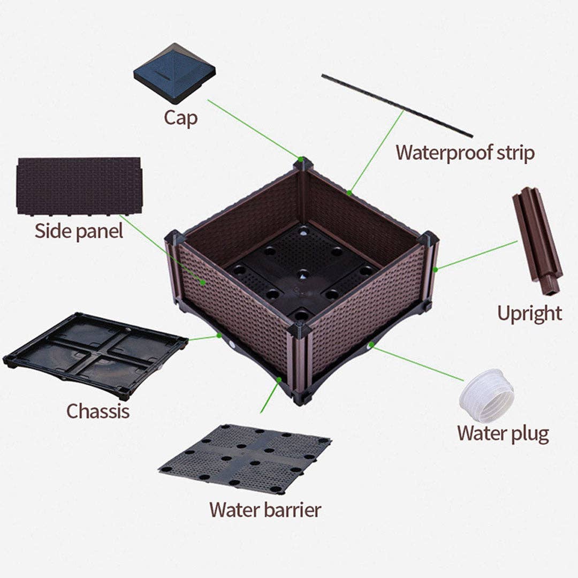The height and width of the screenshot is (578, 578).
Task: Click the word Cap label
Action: (180, 118)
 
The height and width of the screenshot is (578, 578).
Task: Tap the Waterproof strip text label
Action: (465, 153)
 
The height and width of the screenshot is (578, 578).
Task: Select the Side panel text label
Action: (79, 231)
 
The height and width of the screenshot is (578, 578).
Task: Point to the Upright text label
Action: (529, 313)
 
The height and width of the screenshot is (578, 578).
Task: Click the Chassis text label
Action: (97, 411)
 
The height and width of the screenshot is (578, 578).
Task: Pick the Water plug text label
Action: (503, 433)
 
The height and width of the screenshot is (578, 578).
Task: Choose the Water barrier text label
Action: (265, 509)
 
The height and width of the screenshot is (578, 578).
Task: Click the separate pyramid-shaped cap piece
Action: (174, 72)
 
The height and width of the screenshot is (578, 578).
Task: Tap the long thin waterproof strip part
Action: (397, 105)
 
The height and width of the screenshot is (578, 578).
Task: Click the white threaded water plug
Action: (486, 396)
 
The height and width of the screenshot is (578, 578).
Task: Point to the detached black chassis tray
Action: (95, 354)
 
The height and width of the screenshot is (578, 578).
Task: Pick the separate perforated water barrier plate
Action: (245, 458)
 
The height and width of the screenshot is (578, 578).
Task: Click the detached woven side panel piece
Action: (79, 185)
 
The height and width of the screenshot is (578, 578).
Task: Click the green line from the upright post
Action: (476, 255)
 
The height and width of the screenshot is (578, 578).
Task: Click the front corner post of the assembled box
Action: (299, 364)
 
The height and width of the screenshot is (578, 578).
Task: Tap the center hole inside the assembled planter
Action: (303, 275)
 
